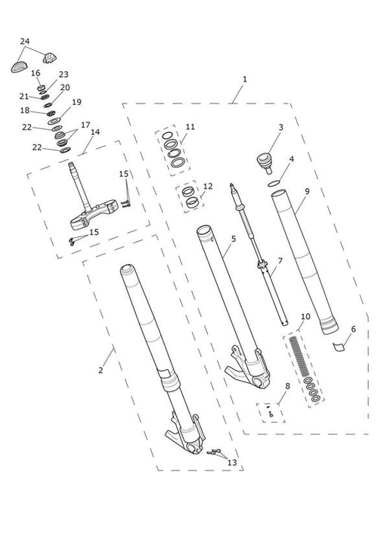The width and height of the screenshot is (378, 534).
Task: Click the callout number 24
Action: pyautogui.click(x=25, y=42)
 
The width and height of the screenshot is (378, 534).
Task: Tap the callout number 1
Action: pyautogui.click(x=245, y=79)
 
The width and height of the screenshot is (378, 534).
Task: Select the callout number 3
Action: pyautogui.click(x=280, y=128)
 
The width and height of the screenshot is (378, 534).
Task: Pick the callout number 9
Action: pyautogui.click(x=307, y=191)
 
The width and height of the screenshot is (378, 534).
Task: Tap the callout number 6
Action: pyautogui.click(x=353, y=329)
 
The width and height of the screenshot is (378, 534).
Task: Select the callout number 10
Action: pyautogui.click(x=305, y=316)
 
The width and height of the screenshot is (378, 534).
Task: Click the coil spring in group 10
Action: pyautogui.click(x=299, y=357)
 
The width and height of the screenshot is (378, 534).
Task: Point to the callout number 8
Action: pyautogui.click(x=288, y=386)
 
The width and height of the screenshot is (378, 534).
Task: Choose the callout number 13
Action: pyautogui.click(x=232, y=463)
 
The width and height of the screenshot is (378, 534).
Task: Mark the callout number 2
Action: pyautogui.click(x=101, y=370)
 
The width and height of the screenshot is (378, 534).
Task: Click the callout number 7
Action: pyautogui.click(x=280, y=261)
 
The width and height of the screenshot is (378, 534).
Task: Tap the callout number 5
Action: pyautogui.click(x=234, y=239)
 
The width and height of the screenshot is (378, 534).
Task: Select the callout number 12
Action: pyautogui.click(x=208, y=187)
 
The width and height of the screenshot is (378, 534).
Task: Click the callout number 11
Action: pyautogui.click(x=191, y=127)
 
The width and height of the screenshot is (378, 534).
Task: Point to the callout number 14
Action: pyautogui.click(x=95, y=132)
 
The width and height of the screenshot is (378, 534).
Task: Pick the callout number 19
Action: pyautogui.click(x=76, y=102)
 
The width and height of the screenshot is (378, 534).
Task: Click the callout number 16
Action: pyautogui.click(x=36, y=73)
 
